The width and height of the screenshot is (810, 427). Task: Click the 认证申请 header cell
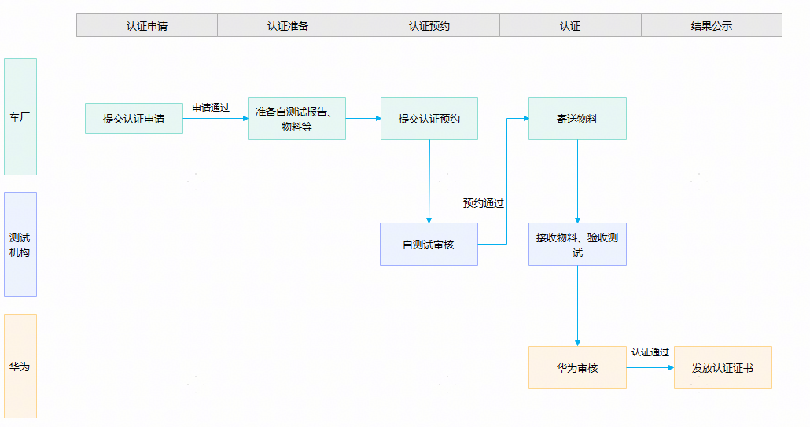(147, 25)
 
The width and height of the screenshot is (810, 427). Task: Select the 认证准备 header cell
(288, 25)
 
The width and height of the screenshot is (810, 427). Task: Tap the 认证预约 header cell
(429, 25)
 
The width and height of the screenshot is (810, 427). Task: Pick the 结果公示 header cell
(712, 25)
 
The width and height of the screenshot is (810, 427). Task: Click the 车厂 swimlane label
(20, 116)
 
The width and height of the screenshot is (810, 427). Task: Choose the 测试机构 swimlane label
(20, 245)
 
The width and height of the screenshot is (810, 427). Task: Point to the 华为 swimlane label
(20, 366)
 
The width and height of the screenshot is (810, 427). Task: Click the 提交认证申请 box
(134, 118)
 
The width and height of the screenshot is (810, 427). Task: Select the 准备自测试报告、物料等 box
(296, 118)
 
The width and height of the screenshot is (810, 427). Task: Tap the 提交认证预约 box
(429, 118)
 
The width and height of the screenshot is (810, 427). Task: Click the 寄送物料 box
(577, 118)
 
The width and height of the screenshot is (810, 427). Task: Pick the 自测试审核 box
(429, 245)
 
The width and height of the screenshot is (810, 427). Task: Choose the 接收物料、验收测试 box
(577, 245)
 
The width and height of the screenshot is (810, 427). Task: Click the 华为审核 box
(577, 367)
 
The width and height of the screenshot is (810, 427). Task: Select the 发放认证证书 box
(723, 367)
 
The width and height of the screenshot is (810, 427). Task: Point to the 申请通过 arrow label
(211, 108)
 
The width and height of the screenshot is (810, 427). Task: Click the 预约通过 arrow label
(483, 203)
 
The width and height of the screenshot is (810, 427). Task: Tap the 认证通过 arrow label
(650, 352)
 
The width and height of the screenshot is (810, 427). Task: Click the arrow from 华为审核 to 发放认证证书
(650, 367)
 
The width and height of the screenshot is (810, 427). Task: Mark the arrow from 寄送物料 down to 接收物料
(577, 181)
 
